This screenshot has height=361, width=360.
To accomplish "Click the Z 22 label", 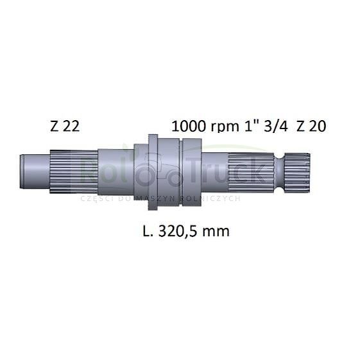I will coord(64,126).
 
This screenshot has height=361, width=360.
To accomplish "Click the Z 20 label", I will coord(311,126).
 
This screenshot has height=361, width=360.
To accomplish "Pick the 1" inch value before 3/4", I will coord(248,126).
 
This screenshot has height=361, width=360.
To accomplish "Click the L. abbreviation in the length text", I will coord(148,231).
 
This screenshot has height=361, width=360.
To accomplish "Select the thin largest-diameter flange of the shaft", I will coord(153,172).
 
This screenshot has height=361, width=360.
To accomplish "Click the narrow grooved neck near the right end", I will coord(280,172).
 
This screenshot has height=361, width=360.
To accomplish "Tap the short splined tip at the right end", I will coord(298,172).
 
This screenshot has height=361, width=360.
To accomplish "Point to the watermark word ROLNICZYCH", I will coord(214,198).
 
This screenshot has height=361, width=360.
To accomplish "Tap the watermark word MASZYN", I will coord(158,198).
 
